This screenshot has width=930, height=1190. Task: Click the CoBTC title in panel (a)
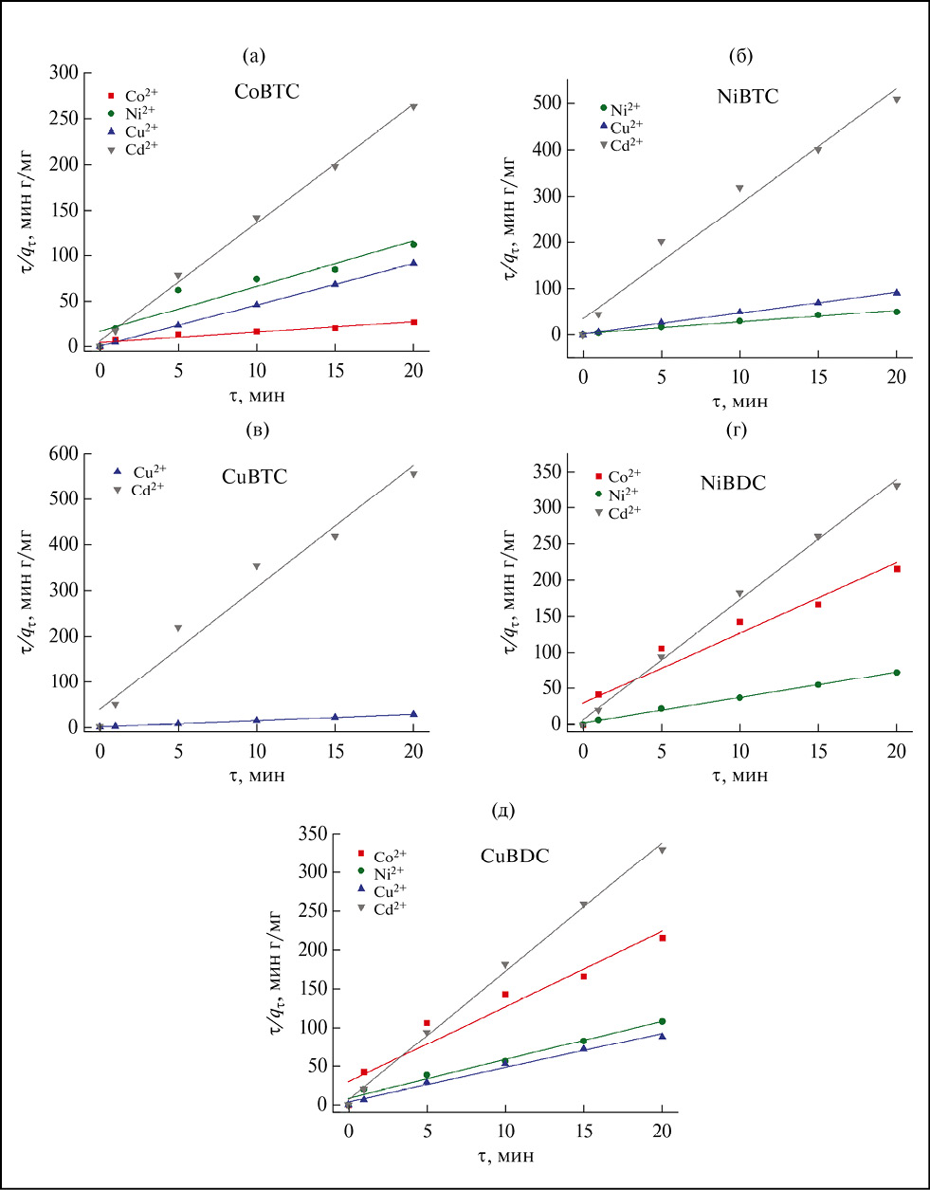pos(266,92)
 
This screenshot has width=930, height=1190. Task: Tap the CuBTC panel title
pos(254,477)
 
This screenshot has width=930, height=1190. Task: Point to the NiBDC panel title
pos(733,484)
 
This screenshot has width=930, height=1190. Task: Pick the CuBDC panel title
pos(515,856)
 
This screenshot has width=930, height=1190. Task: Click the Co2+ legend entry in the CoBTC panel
pos(134,96)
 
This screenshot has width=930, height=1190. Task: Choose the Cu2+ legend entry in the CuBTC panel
pos(141,471)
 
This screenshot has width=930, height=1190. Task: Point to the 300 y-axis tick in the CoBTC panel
pos(64,73)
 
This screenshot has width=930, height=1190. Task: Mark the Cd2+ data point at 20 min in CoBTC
pos(413,107)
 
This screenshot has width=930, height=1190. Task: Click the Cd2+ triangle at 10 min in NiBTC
pos(740,188)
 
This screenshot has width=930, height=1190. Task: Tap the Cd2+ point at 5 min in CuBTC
pos(178,628)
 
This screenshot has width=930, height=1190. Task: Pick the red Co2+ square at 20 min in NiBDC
pos(897,569)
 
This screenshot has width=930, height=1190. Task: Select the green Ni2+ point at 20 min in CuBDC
pos(662,1021)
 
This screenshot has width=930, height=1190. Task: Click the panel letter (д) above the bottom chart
pos(504,811)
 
